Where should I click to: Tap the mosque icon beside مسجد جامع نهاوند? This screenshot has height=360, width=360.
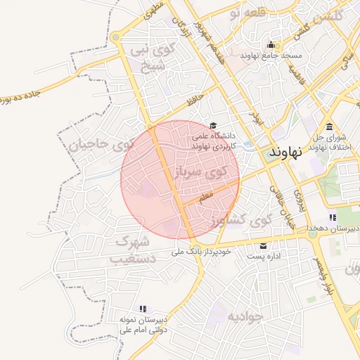[x=270, y=45]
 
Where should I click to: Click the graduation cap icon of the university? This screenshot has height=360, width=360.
[x=213, y=125]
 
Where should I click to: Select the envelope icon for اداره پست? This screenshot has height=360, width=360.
[x=264, y=246]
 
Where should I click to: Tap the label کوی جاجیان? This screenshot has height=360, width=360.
[x=101, y=146]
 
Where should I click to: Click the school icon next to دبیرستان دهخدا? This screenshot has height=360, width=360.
[x=332, y=218]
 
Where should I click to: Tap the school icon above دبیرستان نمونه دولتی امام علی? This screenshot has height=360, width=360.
[x=143, y=309]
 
